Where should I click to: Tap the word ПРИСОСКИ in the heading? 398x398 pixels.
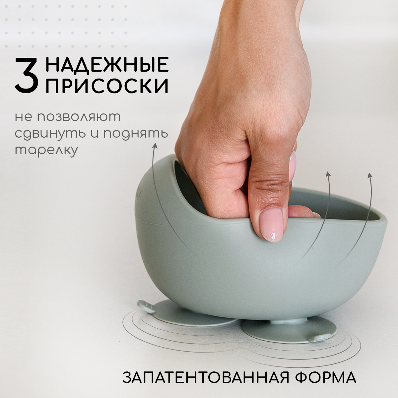(x=107, y=86)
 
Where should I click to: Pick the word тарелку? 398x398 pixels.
(x=46, y=150)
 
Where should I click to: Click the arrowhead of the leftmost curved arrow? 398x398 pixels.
(x=155, y=146)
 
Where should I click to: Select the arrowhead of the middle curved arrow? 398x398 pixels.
(x=328, y=174)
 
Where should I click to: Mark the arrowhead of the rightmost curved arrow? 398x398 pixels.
(x=370, y=175)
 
